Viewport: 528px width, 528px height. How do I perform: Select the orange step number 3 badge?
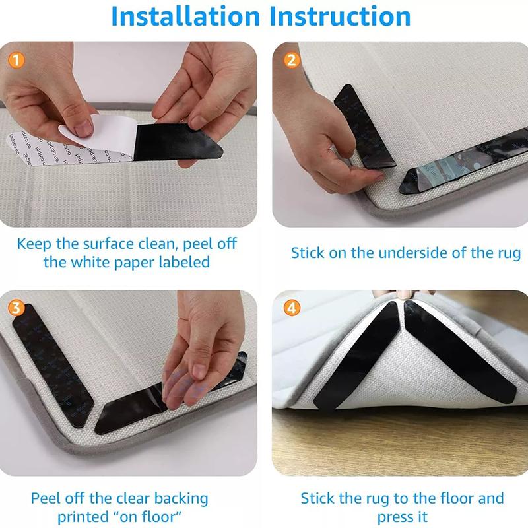tap(18, 307)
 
